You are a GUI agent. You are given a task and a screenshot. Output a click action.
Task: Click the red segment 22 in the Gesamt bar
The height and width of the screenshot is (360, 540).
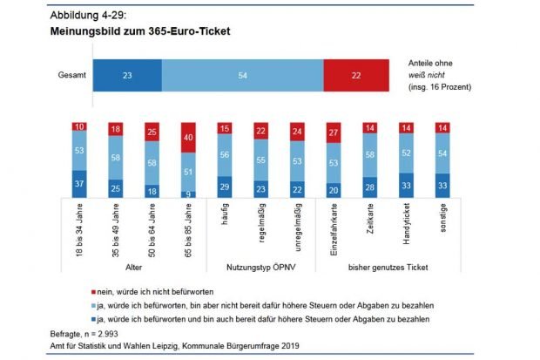coord(355,76)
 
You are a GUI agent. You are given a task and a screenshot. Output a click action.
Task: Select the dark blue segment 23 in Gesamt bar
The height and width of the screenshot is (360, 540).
coord(127,76)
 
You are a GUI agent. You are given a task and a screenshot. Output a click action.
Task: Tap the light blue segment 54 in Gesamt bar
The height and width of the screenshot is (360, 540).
coord(242,76)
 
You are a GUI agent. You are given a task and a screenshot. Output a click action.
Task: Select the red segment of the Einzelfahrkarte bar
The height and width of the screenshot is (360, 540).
coord(333,132)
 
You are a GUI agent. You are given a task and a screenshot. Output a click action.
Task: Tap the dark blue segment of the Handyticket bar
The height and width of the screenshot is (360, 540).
coord(407,186)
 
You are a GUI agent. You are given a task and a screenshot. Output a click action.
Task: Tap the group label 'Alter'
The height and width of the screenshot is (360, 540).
coord(135,268)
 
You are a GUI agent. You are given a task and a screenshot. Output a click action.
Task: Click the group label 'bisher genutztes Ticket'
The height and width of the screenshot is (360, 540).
coord(388,268)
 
